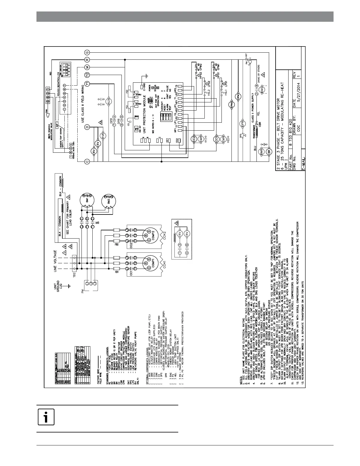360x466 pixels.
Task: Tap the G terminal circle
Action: coord(87,52)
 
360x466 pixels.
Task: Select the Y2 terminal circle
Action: coord(87,75)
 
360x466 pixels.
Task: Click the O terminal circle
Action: coord(87,127)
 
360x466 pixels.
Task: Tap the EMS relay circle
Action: coord(263,90)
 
